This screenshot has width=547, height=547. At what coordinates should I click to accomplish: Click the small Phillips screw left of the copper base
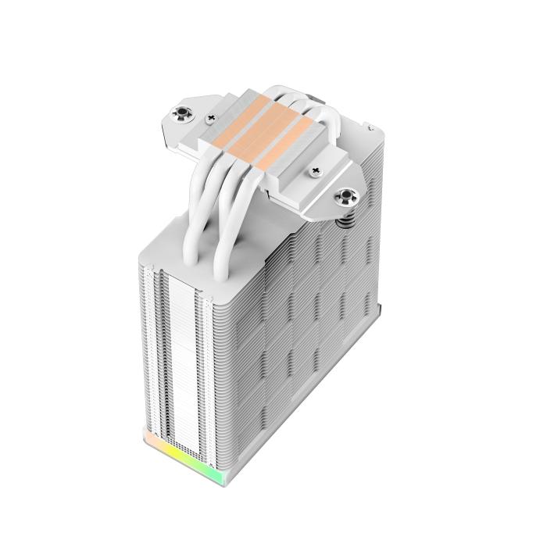[x=211, y=118]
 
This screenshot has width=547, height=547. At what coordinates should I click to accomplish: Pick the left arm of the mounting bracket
[x=188, y=125]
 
